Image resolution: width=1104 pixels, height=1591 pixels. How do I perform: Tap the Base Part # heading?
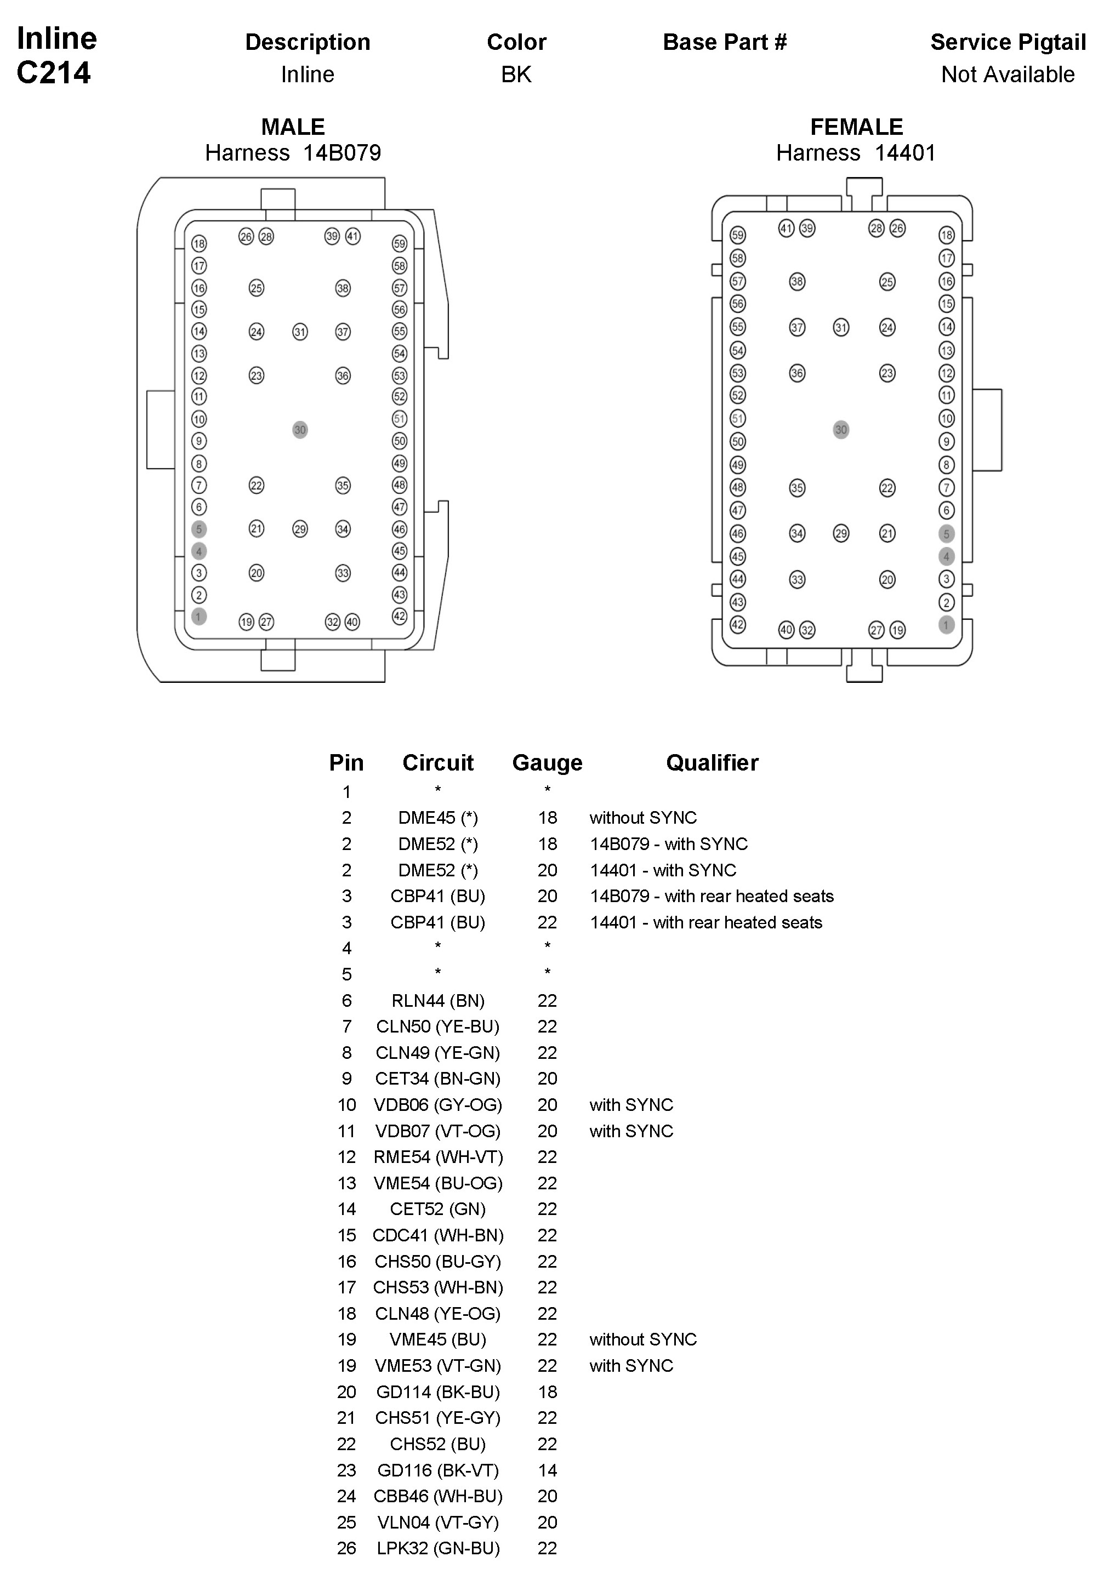tap(724, 42)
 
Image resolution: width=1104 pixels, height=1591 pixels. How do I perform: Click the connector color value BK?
tap(516, 75)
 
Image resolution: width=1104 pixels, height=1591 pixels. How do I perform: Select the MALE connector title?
tap(293, 127)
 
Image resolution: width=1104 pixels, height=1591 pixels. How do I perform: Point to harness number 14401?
tap(905, 153)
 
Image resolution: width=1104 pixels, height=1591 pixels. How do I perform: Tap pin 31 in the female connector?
tap(840, 327)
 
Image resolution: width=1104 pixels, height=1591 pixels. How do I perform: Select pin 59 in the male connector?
tap(400, 243)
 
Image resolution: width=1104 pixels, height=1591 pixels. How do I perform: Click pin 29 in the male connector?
tap(299, 529)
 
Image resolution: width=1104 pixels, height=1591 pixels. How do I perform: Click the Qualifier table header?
tap(712, 763)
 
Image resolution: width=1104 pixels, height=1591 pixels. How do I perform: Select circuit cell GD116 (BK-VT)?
tap(438, 1470)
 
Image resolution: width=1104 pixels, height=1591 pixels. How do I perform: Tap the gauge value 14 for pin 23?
tap(547, 1470)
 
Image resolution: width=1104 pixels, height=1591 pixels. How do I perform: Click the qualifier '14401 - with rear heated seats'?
tap(705, 922)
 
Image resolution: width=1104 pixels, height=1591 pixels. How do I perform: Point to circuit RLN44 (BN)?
tap(438, 1001)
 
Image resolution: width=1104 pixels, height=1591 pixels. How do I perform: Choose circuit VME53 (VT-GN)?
tap(438, 1366)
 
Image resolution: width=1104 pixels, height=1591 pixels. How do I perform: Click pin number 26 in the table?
tap(346, 1548)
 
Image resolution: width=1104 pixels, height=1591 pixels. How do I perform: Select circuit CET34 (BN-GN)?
tap(438, 1079)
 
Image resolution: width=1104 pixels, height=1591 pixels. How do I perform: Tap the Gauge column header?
tap(547, 763)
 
